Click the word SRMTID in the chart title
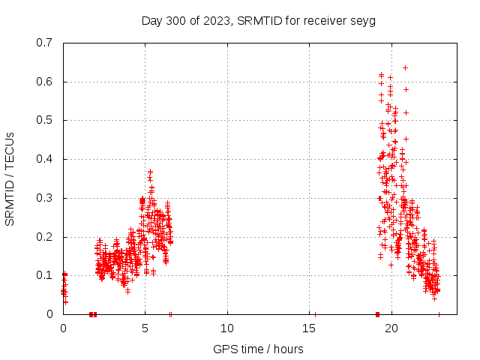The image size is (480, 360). [259, 20]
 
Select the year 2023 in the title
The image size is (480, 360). [216, 20]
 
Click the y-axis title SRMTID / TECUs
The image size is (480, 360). [10, 178]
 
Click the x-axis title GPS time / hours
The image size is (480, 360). [258, 349]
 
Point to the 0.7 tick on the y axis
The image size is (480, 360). [44, 43]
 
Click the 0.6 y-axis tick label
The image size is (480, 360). [44, 82]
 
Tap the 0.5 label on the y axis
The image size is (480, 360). [44, 120]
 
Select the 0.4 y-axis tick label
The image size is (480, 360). [44, 159]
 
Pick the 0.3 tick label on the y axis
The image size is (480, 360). [44, 198]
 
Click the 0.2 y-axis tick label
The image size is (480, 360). [44, 237]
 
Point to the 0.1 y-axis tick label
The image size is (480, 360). [44, 275]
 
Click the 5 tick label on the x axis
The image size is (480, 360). [145, 328]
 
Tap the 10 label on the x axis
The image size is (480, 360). [227, 328]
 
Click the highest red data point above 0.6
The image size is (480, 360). [405, 67]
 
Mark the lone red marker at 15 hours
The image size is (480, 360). [315, 314]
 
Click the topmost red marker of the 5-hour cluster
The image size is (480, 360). [150, 172]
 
